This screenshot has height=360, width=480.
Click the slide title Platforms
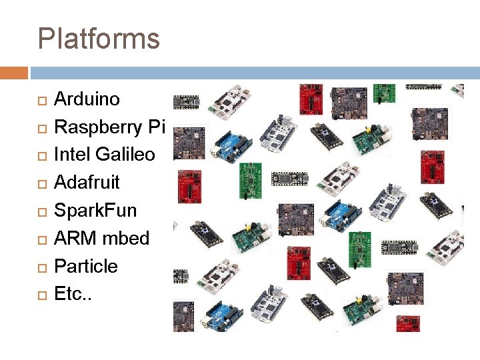[x=99, y=39]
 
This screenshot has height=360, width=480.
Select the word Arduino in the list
[x=87, y=99]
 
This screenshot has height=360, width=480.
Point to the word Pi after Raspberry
[x=159, y=127]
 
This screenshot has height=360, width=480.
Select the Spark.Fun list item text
[x=95, y=210]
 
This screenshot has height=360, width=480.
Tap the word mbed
[x=126, y=238]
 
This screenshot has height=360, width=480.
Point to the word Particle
[x=85, y=266]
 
